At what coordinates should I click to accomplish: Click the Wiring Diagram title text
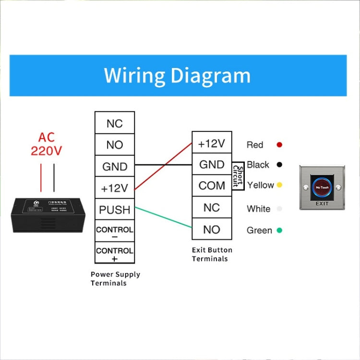click(177, 76)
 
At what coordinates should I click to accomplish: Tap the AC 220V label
click(47, 144)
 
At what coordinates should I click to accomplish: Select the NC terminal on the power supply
click(115, 123)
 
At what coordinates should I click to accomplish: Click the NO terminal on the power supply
click(115, 145)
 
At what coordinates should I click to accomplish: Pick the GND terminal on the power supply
click(115, 167)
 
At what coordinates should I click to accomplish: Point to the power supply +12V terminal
click(115, 188)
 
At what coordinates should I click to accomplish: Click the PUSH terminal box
click(115, 210)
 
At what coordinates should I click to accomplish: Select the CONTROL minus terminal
click(115, 232)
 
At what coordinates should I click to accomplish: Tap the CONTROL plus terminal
click(115, 253)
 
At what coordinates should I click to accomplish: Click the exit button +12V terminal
click(212, 143)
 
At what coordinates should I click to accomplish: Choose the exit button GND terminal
click(212, 165)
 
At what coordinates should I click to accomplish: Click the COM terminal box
click(212, 186)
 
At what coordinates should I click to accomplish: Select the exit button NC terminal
click(212, 207)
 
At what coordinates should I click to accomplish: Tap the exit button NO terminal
click(212, 229)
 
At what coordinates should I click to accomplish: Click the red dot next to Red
click(279, 144)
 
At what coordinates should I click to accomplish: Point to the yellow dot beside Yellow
click(279, 185)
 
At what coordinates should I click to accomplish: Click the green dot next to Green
click(279, 230)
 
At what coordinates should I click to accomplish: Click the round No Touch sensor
click(322, 187)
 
